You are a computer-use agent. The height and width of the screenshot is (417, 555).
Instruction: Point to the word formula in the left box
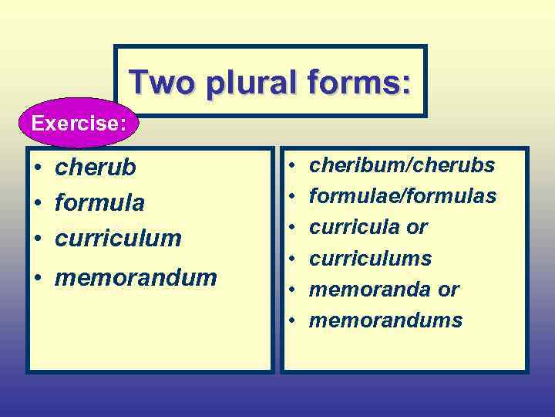[x=99, y=203]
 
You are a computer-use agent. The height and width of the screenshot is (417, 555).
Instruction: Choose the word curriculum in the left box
[x=118, y=238]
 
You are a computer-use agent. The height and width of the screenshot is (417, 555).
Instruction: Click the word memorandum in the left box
[x=136, y=277]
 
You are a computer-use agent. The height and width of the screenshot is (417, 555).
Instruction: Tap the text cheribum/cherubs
[x=402, y=165]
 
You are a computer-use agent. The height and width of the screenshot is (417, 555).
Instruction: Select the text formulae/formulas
[x=402, y=197]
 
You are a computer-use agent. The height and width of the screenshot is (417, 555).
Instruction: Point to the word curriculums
[x=370, y=259]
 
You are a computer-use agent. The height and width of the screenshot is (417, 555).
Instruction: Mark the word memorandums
[x=385, y=320]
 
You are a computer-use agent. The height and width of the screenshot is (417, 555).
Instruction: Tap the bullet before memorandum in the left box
[x=37, y=278]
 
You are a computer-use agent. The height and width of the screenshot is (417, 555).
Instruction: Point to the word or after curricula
[x=417, y=228]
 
